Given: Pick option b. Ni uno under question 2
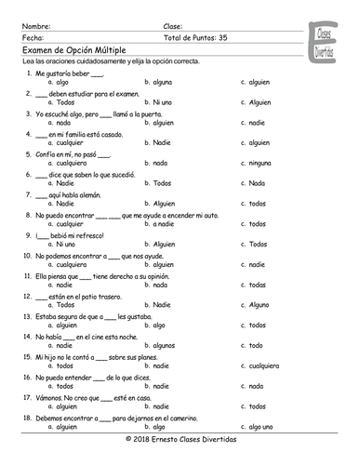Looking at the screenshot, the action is pos(156,101).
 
